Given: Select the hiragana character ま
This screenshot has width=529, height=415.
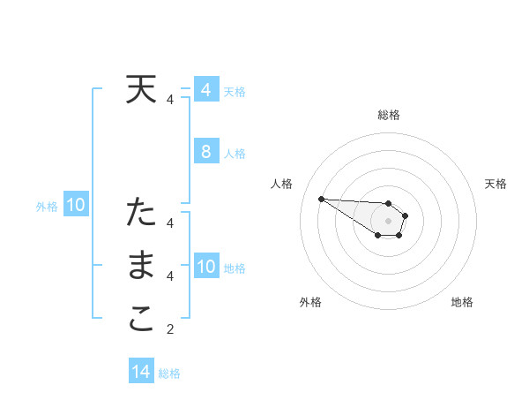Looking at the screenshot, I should click(141, 266).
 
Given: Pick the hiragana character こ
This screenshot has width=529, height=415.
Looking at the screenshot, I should click(141, 319).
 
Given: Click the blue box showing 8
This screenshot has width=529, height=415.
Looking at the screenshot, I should click(205, 152).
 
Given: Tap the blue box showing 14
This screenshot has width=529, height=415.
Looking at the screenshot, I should click(141, 372).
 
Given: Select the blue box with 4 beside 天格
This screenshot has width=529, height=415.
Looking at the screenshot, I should click(205, 90).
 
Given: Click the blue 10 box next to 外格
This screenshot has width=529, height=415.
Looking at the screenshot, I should click(76, 206).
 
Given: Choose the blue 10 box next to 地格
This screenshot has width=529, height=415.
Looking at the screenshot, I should click(205, 267).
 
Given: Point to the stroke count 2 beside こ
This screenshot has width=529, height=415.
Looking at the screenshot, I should click(170, 330).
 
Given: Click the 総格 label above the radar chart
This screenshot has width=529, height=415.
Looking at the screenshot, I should click(389, 115).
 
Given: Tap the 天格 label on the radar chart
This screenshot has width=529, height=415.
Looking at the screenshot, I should click(495, 184).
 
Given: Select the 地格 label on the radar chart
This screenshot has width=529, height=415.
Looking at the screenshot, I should click(462, 302).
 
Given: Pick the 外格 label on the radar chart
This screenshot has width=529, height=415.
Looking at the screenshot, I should click(310, 302).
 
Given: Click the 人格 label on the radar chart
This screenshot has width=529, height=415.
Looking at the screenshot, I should click(281, 184).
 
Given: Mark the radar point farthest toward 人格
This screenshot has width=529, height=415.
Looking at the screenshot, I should click(321, 199).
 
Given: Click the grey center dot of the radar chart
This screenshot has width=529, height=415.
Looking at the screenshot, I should click(388, 220).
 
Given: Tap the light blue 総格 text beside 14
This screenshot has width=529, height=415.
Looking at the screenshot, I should click(169, 373).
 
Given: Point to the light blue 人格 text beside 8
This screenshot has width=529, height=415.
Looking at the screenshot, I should click(235, 154).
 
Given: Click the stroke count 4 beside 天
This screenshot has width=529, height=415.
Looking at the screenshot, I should click(170, 101).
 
